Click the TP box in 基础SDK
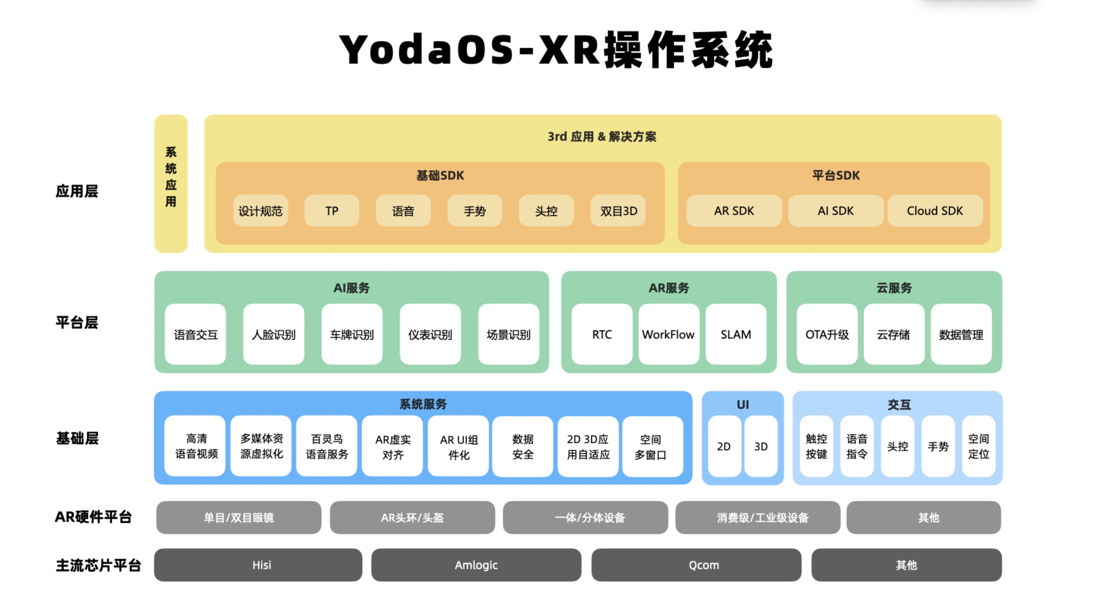332,211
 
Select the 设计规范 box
260,211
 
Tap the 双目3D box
618,211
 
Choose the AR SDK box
734,211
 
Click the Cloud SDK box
935,211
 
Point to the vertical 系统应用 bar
171,184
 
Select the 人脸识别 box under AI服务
274,334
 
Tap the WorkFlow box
668,334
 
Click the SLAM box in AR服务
736,334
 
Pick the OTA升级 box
827,334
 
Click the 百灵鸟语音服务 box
327,446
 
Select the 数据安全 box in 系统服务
523,446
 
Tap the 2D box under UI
724,446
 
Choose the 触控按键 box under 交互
816,446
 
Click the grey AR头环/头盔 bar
412,517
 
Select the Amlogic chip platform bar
476,565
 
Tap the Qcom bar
704,565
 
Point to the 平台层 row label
77,322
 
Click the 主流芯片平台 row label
98,566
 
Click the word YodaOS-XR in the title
469,50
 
